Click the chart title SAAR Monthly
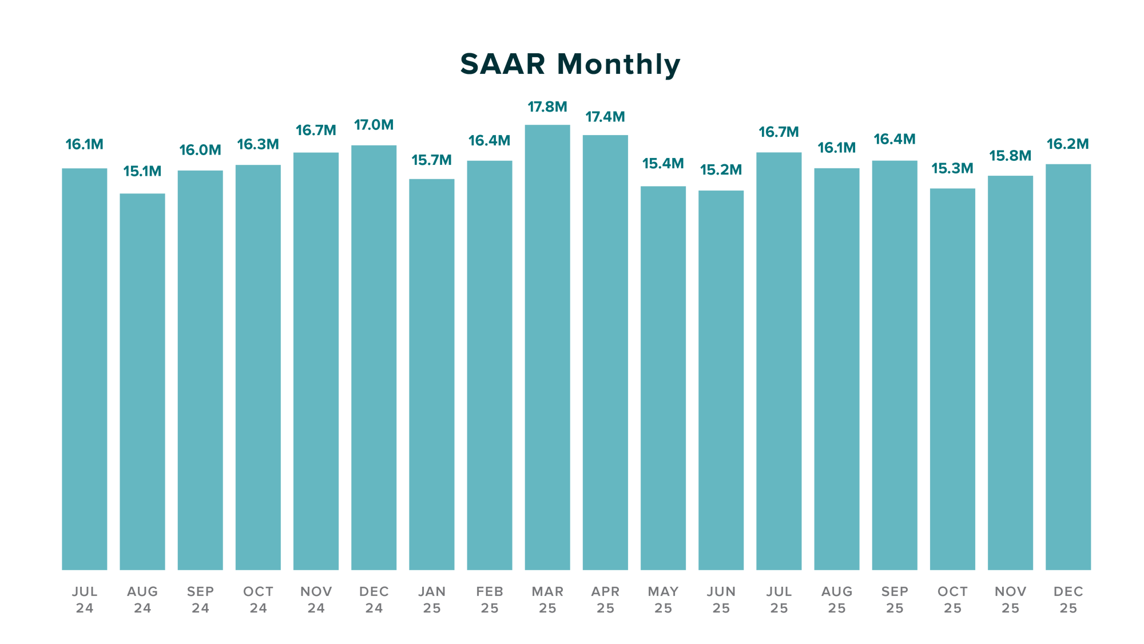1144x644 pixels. pyautogui.click(x=570, y=64)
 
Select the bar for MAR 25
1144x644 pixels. pyautogui.click(x=547, y=347)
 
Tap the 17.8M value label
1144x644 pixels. pyautogui.click(x=547, y=107)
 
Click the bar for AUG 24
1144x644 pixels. pyautogui.click(x=142, y=381)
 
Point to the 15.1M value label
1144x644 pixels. pyautogui.click(x=142, y=171)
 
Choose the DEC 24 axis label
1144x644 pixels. pyautogui.click(x=374, y=599)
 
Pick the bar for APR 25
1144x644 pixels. pyautogui.click(x=605, y=352)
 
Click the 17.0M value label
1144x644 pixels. pyautogui.click(x=374, y=125)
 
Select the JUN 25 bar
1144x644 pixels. pyautogui.click(x=721, y=380)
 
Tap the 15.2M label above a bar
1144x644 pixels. pyautogui.click(x=721, y=169)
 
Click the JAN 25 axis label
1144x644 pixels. pyautogui.click(x=432, y=599)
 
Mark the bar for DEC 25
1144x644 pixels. pyautogui.click(x=1068, y=367)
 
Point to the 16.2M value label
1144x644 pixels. pyautogui.click(x=1068, y=144)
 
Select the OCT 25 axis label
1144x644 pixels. pyautogui.click(x=952, y=599)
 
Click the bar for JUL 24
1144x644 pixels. pyautogui.click(x=85, y=369)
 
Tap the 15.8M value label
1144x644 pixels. pyautogui.click(x=1010, y=156)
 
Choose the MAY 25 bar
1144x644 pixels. pyautogui.click(x=663, y=378)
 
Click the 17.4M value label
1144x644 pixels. pyautogui.click(x=605, y=117)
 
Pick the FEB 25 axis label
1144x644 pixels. pyautogui.click(x=490, y=599)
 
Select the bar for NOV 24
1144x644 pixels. pyautogui.click(x=316, y=361)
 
